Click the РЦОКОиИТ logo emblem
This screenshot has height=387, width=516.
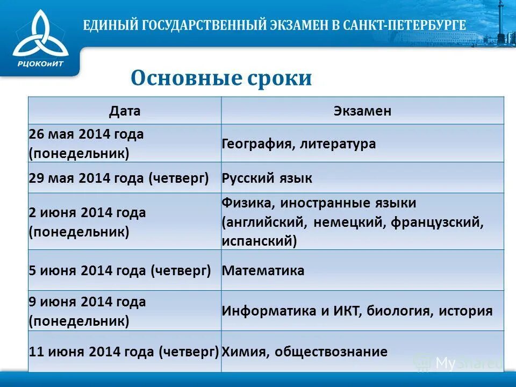tap(40, 33)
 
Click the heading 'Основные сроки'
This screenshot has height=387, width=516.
tap(221, 78)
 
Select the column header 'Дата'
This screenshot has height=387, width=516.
tap(125, 111)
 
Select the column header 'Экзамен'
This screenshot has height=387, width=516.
tap(362, 111)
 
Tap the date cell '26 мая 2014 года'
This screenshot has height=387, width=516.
tap(87, 144)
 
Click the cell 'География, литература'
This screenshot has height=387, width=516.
tap(299, 144)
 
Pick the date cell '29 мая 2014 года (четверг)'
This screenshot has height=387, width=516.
tap(119, 178)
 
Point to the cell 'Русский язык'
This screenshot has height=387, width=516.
tap(267, 178)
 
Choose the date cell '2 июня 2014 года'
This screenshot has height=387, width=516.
tap(87, 222)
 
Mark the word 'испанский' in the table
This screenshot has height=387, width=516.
tap(259, 241)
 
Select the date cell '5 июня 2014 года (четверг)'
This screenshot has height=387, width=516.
tap(120, 270)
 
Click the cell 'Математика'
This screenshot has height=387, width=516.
tap(263, 270)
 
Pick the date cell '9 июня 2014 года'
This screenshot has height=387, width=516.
tap(87, 311)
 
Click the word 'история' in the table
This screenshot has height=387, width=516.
tap(465, 311)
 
